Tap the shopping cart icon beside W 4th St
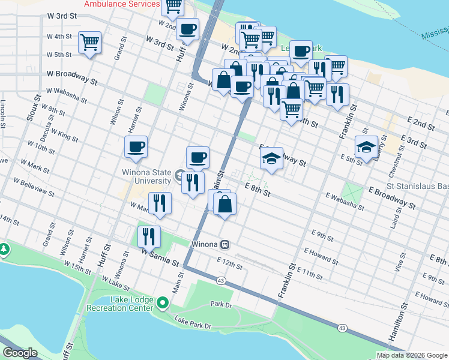pos(89,43)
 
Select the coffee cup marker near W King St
pos(136,146)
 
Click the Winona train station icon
pos(224,244)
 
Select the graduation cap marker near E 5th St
pos(365,148)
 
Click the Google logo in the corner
pos(20,352)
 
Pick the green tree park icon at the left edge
pos(4,248)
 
